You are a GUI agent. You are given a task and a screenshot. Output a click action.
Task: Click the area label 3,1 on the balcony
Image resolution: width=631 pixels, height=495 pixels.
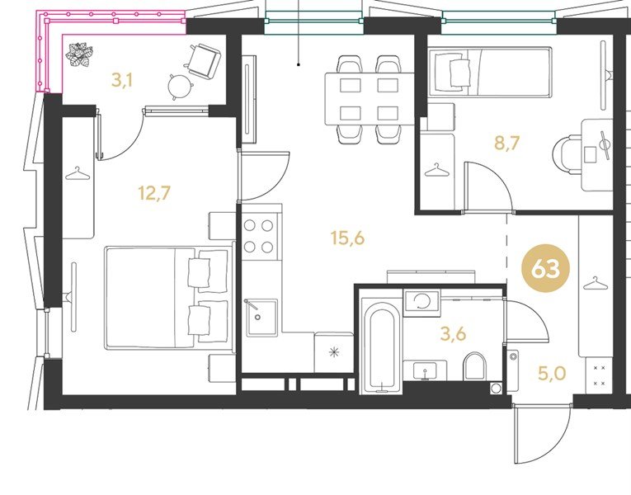122,81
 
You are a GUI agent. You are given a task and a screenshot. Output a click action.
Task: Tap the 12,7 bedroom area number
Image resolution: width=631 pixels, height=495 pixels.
154,193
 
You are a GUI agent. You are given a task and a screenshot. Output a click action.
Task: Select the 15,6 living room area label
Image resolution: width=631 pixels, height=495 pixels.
347,238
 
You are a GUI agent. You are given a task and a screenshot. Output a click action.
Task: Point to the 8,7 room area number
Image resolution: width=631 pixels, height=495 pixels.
507,143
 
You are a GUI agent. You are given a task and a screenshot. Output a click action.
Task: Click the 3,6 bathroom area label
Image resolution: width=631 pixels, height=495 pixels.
453,333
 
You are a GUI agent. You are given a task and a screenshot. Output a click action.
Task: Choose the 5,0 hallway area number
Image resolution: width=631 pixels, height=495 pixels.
552,374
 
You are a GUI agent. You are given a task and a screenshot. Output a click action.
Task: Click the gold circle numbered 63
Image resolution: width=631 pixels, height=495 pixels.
546,268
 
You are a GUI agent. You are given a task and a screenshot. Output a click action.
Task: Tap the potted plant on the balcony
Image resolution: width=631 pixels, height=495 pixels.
79,54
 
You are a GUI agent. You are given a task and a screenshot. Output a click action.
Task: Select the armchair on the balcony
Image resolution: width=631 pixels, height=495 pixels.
204,60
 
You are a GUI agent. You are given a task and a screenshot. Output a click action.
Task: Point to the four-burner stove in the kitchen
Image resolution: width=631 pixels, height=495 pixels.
259,236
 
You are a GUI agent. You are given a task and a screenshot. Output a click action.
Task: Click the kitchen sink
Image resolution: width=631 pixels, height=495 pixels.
261,318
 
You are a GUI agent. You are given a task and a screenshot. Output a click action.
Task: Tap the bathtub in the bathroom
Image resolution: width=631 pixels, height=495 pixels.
381,346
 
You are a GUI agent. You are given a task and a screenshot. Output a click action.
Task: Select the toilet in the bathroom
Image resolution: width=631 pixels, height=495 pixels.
475,366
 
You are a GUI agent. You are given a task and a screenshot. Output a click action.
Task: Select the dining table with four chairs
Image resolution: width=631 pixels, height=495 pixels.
370,99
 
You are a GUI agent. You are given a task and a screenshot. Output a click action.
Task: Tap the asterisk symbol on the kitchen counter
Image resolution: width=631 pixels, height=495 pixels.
334,352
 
